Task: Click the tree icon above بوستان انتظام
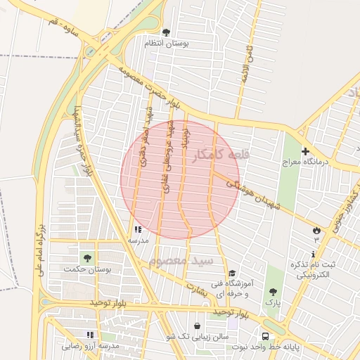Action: pyautogui.click(x=166, y=32)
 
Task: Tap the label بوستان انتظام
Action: pyautogui.click(x=167, y=44)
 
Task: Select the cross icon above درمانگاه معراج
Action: pyautogui.click(x=304, y=151)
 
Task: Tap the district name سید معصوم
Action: pyautogui.click(x=175, y=261)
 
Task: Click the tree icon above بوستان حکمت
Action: pyautogui.click(x=87, y=258)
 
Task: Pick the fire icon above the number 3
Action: pyautogui.click(x=316, y=230)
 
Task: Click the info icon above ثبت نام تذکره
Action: pyautogui.click(x=314, y=254)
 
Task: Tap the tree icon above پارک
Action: pyautogui.click(x=273, y=292)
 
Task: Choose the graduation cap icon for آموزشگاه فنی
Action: pyautogui.click(x=232, y=274)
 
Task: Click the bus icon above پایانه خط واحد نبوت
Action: pyautogui.click(x=266, y=336)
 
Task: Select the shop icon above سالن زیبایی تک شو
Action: pyautogui.click(x=198, y=326)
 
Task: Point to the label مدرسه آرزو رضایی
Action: pyautogui.click(x=91, y=347)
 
